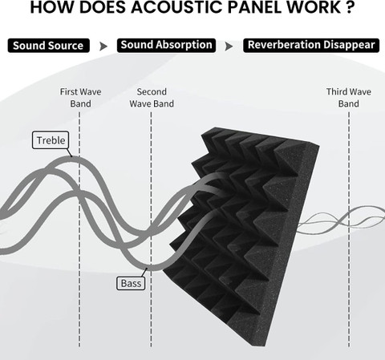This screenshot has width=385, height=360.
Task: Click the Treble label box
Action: click(51, 140)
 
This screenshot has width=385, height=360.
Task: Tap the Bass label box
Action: click(131, 283)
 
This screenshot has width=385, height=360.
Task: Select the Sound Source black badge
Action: click(48, 46)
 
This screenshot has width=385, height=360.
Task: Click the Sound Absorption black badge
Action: click(166, 45)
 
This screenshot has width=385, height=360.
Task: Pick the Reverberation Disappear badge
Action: click(311, 45)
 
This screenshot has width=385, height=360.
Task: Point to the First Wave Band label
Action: click(80, 98)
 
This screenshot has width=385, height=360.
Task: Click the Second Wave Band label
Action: click(152, 98)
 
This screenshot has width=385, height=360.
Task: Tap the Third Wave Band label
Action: click(349, 98)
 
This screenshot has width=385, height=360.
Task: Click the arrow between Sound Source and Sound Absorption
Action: click(103, 47)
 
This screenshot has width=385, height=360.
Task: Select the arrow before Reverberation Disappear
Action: click(229, 47)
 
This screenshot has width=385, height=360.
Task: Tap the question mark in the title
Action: click(349, 7)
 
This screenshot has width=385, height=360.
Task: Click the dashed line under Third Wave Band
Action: click(349, 229)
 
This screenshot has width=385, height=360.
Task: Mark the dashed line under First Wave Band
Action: click(79, 229)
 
